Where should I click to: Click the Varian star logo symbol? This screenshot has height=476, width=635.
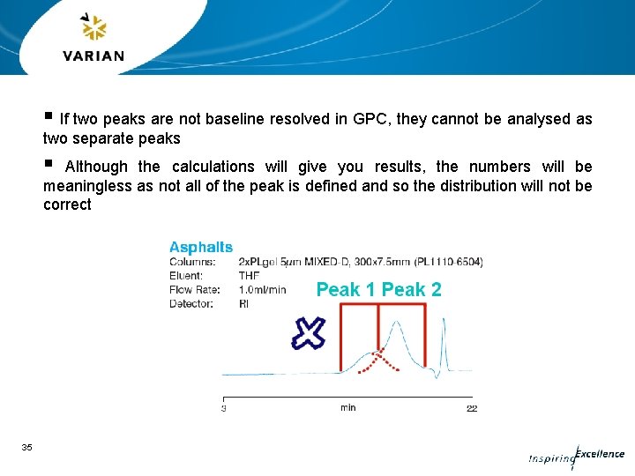[93, 28]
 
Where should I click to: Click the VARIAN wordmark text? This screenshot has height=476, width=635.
[93, 56]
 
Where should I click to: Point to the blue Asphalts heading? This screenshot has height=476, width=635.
[201, 248]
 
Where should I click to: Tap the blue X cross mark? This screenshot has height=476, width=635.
[308, 332]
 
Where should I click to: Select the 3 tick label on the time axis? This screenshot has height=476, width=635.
[223, 408]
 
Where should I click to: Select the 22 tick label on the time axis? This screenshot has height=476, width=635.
[471, 408]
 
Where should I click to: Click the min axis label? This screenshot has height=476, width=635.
[347, 408]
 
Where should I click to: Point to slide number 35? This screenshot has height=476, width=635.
[26, 448]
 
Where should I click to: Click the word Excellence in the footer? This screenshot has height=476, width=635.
[600, 455]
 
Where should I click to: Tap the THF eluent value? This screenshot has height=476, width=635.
[249, 276]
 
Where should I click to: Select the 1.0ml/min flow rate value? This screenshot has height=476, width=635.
[262, 290]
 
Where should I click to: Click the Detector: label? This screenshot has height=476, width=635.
[190, 304]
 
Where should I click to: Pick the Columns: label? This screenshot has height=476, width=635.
[192, 262]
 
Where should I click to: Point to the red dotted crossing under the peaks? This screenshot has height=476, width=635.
[378, 359]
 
